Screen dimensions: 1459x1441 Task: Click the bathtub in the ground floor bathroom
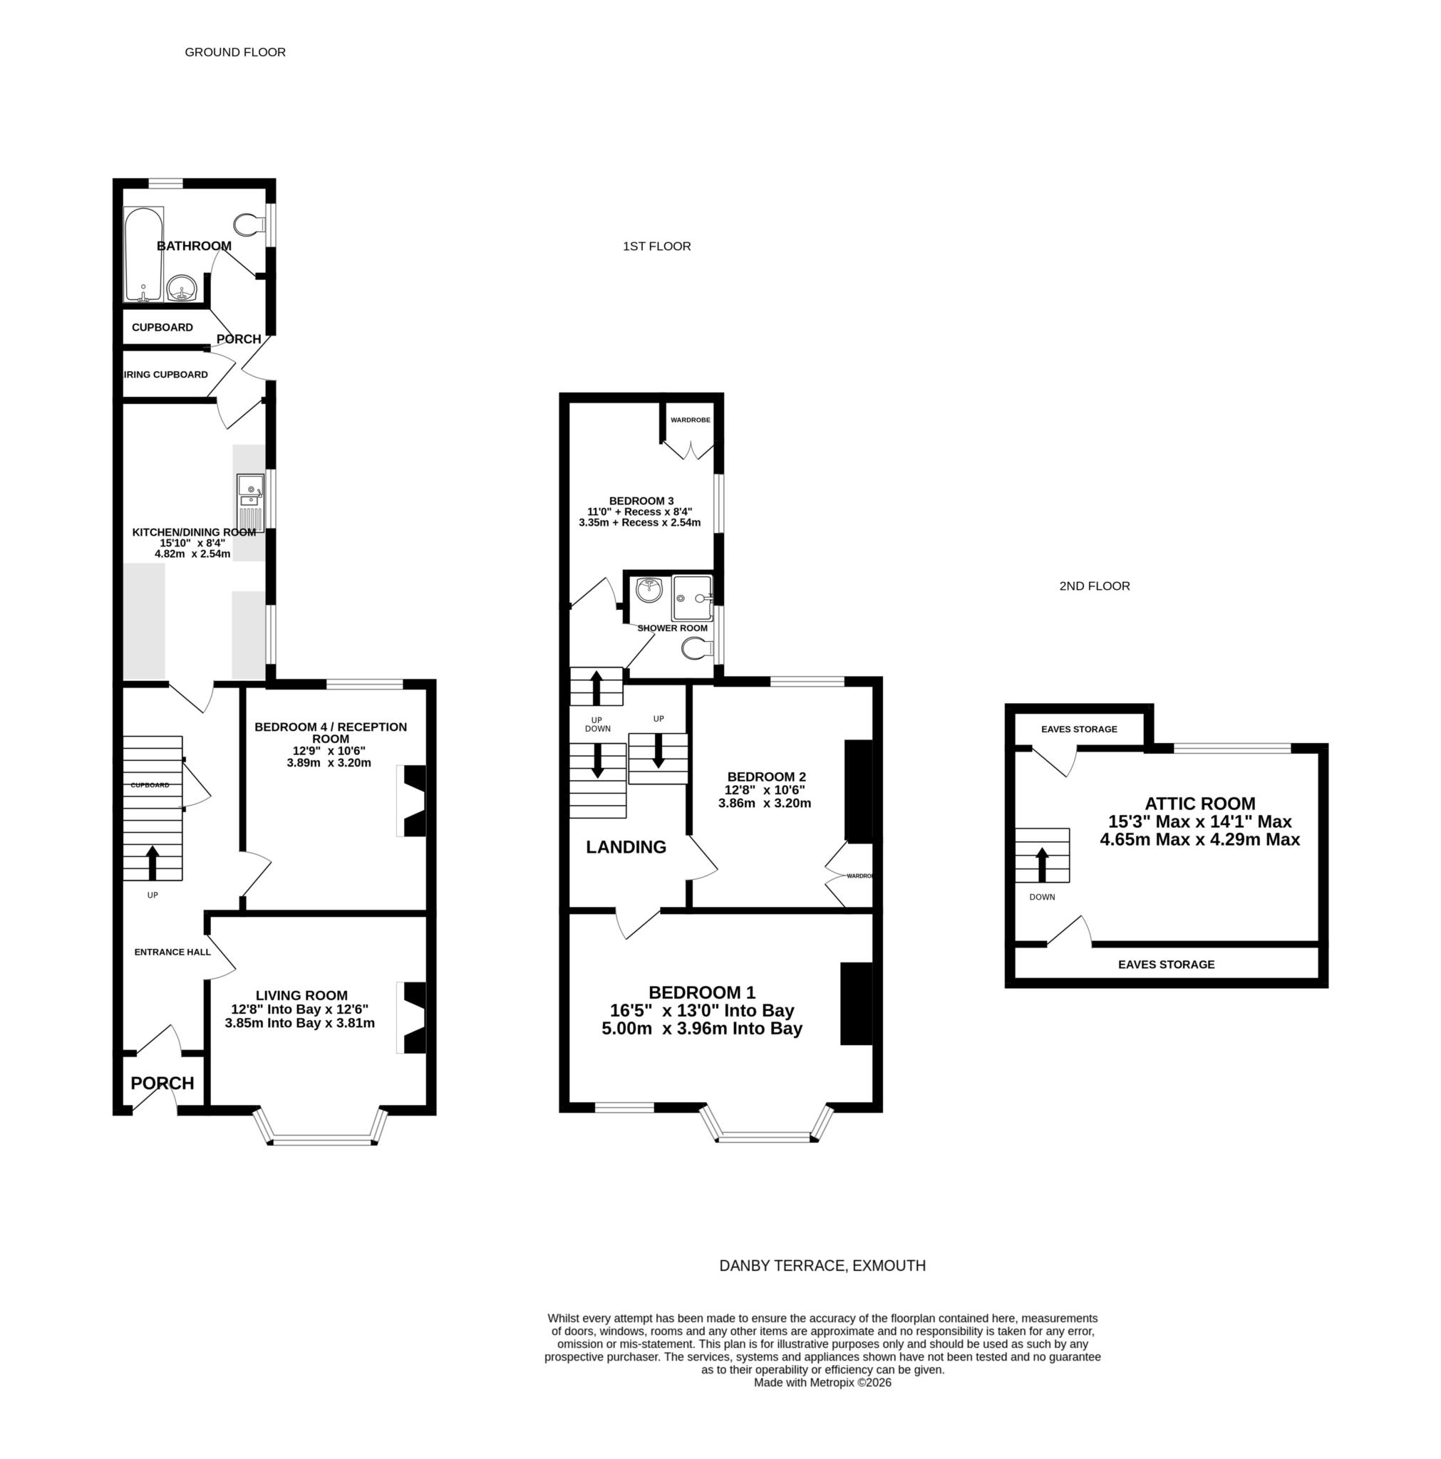(143, 254)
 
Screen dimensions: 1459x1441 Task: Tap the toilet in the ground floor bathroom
(248, 224)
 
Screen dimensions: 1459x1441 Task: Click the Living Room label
(301, 995)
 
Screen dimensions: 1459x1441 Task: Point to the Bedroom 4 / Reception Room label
(330, 732)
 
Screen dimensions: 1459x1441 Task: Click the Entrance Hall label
(172, 952)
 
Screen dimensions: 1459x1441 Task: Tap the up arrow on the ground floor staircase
(152, 862)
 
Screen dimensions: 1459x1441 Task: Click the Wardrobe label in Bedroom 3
(690, 420)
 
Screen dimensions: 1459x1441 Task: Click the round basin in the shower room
(649, 590)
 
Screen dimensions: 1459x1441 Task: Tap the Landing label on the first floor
(626, 847)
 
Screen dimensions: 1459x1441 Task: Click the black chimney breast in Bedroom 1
(856, 1004)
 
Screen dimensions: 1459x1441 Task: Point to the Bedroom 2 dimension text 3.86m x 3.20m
(764, 803)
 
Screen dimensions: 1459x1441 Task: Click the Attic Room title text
(1199, 804)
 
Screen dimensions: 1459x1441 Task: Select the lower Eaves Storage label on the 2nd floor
(1165, 965)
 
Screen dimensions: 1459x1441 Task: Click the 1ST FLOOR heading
(656, 246)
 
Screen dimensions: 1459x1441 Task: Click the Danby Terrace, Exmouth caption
(822, 1266)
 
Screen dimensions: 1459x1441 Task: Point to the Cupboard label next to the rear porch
(162, 327)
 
